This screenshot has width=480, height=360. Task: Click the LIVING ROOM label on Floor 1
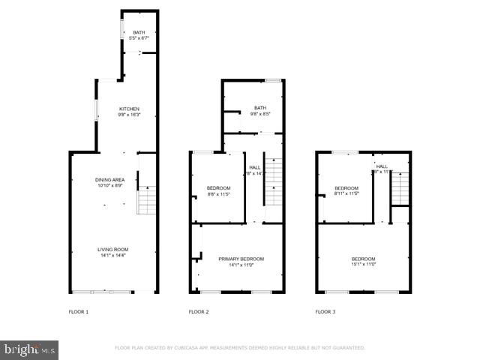[112, 249]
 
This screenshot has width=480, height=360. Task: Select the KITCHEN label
[129, 109]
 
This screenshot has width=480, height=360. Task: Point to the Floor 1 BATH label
[139, 32]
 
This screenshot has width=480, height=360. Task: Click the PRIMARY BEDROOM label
[241, 259]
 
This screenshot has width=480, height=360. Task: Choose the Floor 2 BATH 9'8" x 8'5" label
[260, 108]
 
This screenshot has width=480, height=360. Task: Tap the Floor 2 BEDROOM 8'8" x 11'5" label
[218, 187]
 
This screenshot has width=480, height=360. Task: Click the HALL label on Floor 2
[255, 166]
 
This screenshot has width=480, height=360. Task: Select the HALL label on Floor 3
[382, 166]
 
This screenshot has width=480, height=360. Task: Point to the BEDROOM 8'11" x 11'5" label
[346, 187]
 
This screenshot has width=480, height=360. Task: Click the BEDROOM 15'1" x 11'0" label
[363, 259]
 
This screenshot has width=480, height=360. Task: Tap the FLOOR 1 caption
[78, 310]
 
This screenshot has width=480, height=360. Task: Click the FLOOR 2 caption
[198, 310]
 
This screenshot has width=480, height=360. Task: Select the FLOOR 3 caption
[325, 310]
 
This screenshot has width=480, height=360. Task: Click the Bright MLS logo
[30, 349]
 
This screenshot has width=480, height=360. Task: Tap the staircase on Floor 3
[400, 184]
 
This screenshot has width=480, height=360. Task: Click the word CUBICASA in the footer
[192, 348]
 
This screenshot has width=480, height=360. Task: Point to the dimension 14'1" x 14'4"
[112, 256]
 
